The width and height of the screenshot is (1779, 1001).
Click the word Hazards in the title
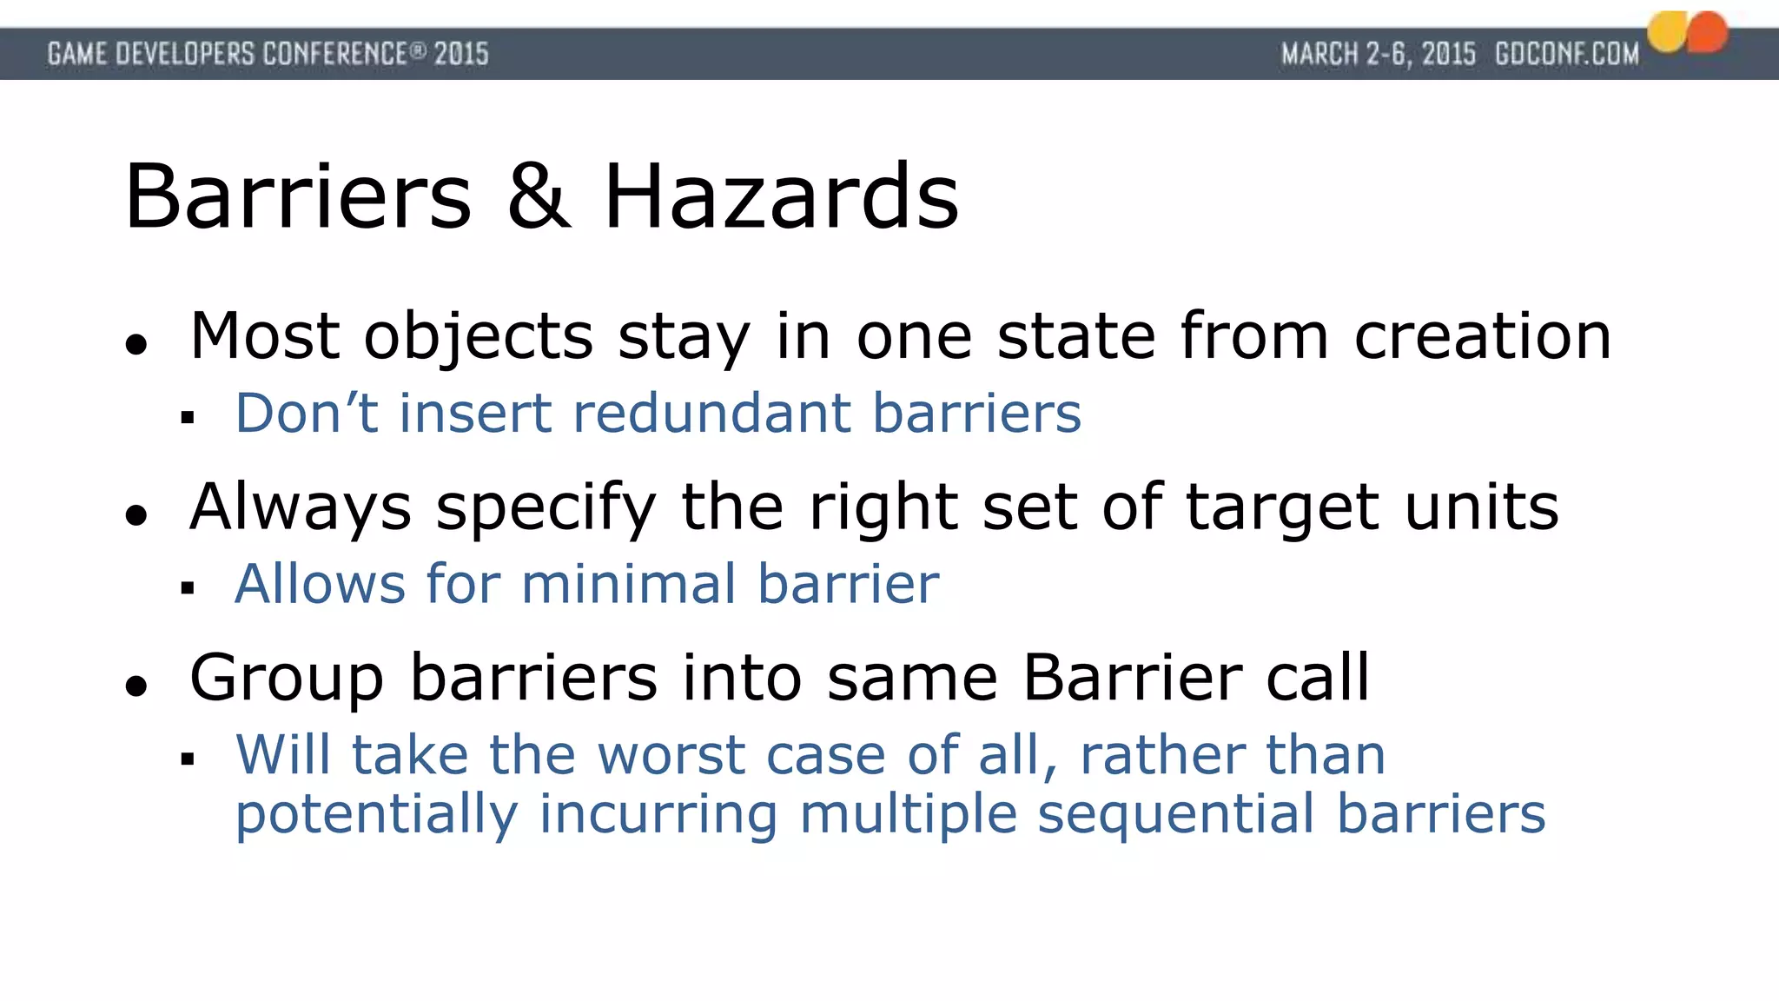781,197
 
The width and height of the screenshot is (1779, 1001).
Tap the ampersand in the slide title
539,197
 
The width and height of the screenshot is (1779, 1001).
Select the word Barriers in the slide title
298,197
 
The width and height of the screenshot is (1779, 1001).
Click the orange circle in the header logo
1708,32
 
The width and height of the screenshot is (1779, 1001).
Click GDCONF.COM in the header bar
1567,55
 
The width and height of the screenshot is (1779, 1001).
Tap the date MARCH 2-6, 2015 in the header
1379,55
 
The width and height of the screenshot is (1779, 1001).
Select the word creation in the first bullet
1483,336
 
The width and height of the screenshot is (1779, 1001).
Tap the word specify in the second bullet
546,508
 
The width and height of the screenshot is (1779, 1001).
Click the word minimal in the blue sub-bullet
629,583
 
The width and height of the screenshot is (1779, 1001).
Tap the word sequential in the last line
1176,815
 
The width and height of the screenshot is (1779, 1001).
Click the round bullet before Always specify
136,515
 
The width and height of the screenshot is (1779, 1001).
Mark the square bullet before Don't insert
188,419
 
